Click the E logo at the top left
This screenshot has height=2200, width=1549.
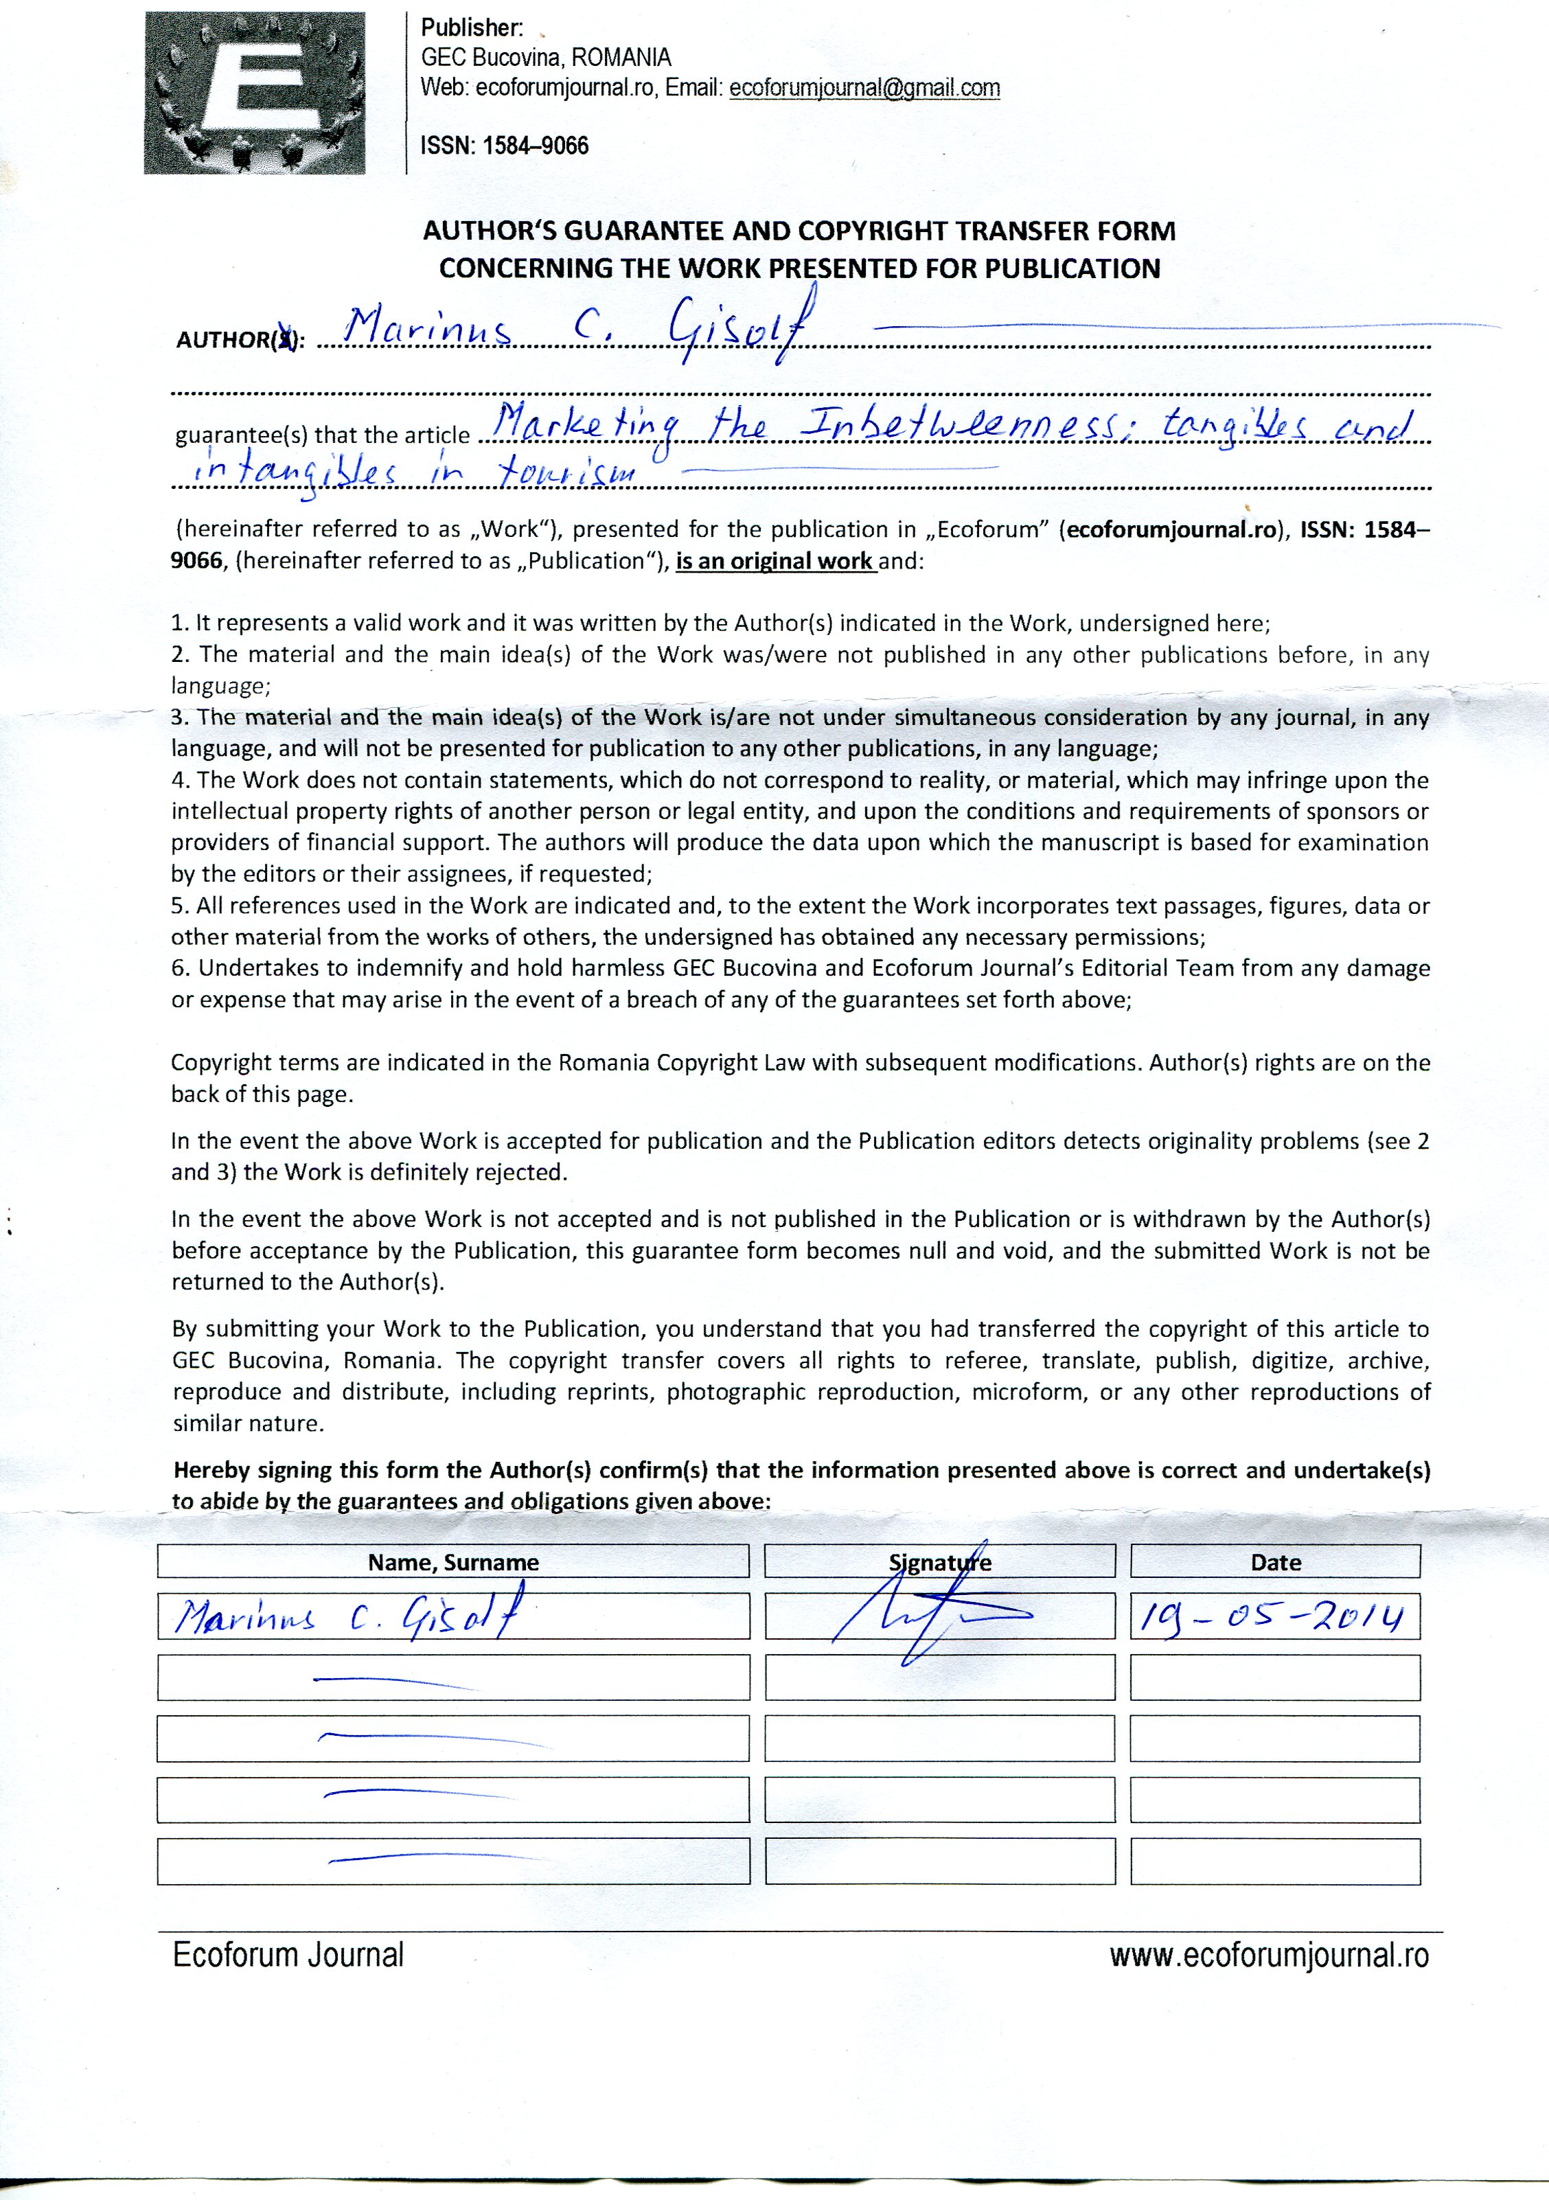[254, 92]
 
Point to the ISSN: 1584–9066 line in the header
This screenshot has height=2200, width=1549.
[504, 146]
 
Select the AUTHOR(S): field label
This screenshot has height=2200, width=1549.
[240, 339]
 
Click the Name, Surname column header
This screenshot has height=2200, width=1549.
[453, 1562]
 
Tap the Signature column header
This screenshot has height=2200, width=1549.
[939, 1562]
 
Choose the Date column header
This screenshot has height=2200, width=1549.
[1275, 1562]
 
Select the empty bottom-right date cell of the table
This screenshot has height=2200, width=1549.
[1275, 1861]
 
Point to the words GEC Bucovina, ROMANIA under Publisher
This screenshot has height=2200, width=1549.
[546, 58]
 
